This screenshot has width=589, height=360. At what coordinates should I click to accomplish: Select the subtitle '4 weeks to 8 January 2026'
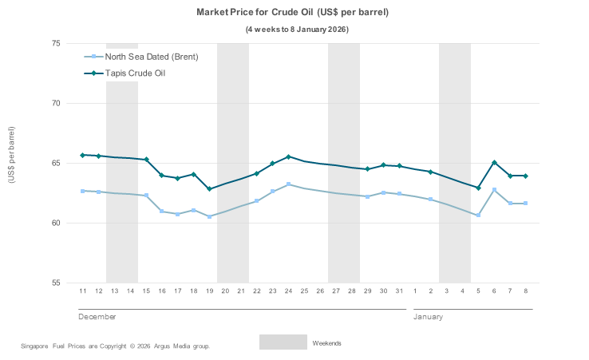(296, 30)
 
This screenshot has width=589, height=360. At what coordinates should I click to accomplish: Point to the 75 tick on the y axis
(57, 43)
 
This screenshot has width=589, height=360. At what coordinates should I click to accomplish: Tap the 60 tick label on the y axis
(57, 223)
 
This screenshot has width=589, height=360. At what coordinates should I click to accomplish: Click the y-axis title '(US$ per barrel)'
(11, 155)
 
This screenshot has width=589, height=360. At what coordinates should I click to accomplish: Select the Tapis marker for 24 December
(288, 156)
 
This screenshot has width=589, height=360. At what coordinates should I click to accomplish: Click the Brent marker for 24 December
(288, 184)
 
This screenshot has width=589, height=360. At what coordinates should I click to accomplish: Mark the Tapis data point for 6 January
(494, 163)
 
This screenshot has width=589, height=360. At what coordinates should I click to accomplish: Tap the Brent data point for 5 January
(478, 215)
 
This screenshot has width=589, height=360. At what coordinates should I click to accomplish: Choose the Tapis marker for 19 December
(209, 189)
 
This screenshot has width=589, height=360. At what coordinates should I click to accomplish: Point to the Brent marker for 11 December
(82, 191)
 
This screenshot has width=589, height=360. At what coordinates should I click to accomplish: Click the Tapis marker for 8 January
(525, 176)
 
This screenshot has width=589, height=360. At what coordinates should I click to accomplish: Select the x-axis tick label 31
(399, 291)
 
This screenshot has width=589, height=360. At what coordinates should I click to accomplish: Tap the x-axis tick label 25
(304, 291)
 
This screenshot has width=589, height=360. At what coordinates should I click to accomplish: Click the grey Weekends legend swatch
(283, 342)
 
